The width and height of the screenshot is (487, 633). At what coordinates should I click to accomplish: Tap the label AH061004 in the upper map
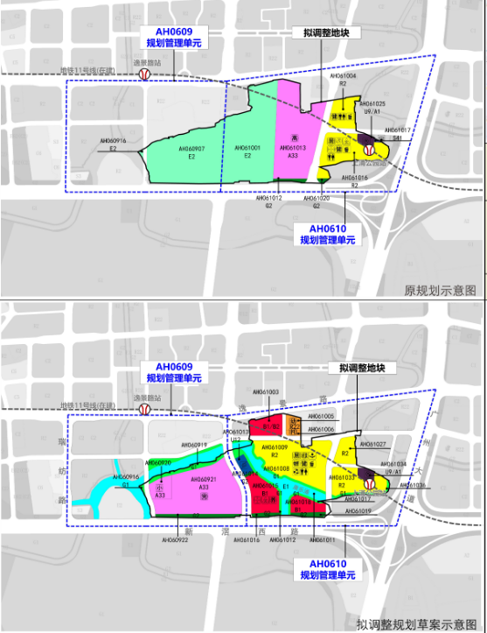tap(343, 77)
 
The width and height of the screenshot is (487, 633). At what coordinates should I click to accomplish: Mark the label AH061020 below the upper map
tap(317, 199)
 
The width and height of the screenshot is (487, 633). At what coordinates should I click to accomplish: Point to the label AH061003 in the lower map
tap(265, 392)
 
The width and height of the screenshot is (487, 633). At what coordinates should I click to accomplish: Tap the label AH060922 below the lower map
tap(175, 539)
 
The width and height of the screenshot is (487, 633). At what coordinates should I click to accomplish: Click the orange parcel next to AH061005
tap(294, 424)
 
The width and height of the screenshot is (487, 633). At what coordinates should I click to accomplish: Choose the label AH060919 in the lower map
tap(194, 445)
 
